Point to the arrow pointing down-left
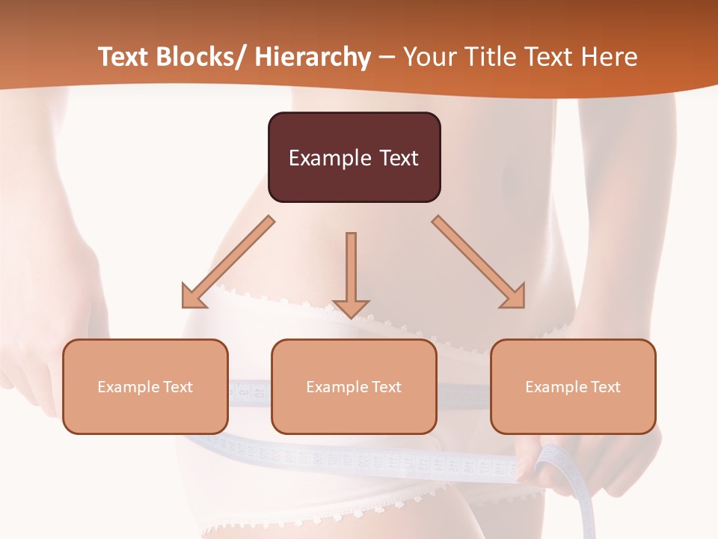click(x=228, y=262)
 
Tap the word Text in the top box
click(x=397, y=158)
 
